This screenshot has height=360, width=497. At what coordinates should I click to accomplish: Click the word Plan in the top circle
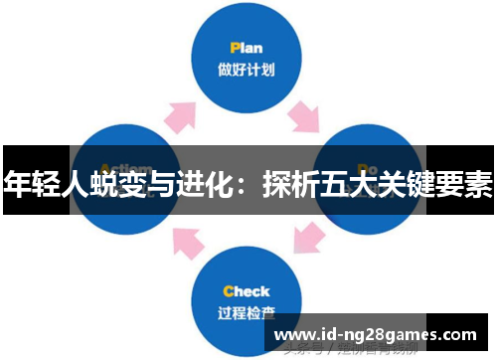[x=247, y=47]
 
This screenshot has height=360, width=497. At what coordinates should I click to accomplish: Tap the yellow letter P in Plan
[x=234, y=47]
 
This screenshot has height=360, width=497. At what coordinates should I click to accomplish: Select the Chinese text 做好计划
[x=247, y=71]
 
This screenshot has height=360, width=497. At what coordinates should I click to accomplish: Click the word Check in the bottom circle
[x=247, y=291]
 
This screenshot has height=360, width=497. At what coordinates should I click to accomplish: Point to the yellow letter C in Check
[x=228, y=291]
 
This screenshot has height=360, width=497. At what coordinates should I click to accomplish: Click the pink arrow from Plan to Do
[x=302, y=119]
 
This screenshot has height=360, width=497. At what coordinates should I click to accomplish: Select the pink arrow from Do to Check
[x=308, y=240]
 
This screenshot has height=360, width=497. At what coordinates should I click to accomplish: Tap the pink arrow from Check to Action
[x=188, y=243]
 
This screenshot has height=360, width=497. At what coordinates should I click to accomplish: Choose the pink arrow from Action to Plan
[x=183, y=117]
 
